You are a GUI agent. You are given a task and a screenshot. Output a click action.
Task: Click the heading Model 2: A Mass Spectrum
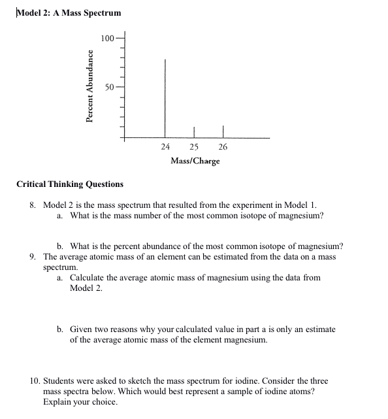click(x=69, y=13)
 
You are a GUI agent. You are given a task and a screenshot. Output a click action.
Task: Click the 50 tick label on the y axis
click(x=110, y=87)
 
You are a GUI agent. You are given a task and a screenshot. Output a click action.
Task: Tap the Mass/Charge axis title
click(x=195, y=161)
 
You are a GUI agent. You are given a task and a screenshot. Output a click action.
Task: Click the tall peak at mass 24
click(x=165, y=98)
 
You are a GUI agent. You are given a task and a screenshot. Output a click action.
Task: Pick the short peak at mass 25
click(x=194, y=132)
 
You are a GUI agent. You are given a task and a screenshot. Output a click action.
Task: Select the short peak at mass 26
click(x=223, y=131)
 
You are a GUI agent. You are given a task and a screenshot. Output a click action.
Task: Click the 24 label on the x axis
click(x=165, y=148)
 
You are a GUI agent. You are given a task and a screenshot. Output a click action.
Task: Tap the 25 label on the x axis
click(x=194, y=148)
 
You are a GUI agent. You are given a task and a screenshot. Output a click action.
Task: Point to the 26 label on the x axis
click(x=223, y=148)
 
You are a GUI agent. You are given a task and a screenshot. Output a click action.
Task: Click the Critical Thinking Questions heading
click(x=69, y=184)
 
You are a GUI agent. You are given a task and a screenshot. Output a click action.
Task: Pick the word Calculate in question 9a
click(x=88, y=278)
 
